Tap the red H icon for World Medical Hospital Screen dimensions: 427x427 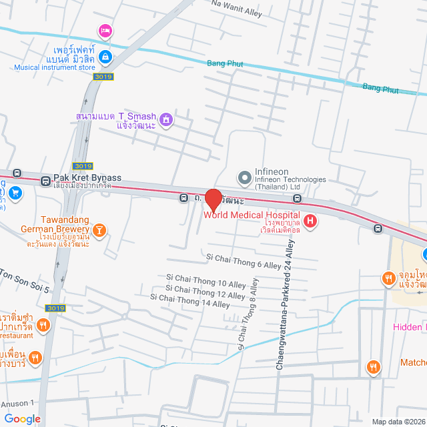(x=310, y=220)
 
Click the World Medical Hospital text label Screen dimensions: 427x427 (x=252, y=215)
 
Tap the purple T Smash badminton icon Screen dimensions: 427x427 (x=166, y=120)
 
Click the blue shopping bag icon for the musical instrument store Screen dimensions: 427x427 (x=105, y=58)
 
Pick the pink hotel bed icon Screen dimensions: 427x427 (x=105, y=31)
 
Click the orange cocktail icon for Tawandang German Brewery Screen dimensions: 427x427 (x=99, y=231)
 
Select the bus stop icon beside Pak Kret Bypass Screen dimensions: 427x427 (x=45, y=180)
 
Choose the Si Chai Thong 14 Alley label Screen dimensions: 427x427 (x=189, y=300)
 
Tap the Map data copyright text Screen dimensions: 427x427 (x=398, y=422)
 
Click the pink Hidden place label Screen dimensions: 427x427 (x=408, y=327)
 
